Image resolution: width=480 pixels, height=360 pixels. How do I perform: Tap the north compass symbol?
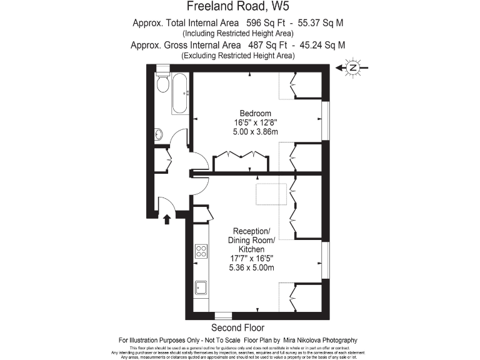click(353, 67)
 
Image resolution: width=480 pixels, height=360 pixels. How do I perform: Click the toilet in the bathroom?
click(163, 83)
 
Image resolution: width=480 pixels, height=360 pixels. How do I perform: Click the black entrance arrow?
click(167, 219)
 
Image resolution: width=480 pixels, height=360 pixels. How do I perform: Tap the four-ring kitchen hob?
click(202, 251)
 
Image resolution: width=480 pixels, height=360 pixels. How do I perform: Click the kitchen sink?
click(202, 287)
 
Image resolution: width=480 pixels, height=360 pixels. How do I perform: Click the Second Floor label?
click(237, 327)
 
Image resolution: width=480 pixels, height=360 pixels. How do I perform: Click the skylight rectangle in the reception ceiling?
click(271, 194)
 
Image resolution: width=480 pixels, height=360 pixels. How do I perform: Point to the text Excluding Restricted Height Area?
click(237, 55)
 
